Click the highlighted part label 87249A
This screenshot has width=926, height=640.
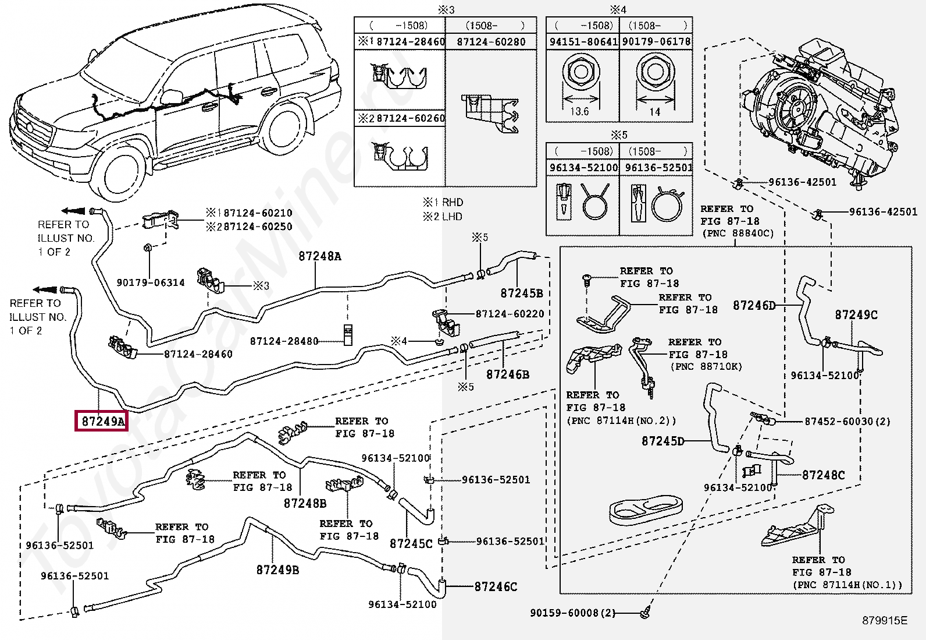[x=103, y=421]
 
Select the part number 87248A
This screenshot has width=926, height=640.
[x=320, y=256]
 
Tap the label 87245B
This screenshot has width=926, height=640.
[x=521, y=293]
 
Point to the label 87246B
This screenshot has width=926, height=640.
[x=508, y=374]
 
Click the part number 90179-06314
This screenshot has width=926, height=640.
[x=151, y=282]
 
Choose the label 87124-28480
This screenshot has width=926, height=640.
[x=284, y=341]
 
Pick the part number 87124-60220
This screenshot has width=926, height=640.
[x=510, y=314]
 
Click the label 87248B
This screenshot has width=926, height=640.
[x=305, y=503]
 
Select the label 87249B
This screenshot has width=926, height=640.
[x=277, y=570]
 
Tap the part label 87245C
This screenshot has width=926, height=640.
[x=411, y=543]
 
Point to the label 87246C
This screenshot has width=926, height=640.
[x=496, y=586]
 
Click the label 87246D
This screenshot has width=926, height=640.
[x=754, y=305]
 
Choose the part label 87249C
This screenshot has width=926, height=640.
[x=856, y=314]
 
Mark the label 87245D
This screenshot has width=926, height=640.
[x=663, y=441]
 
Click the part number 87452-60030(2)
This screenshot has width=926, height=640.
[x=847, y=421]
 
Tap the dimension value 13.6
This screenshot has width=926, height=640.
[x=580, y=111]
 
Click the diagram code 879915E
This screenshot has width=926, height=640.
[x=884, y=621]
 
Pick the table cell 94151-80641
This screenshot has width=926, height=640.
[x=583, y=41]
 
